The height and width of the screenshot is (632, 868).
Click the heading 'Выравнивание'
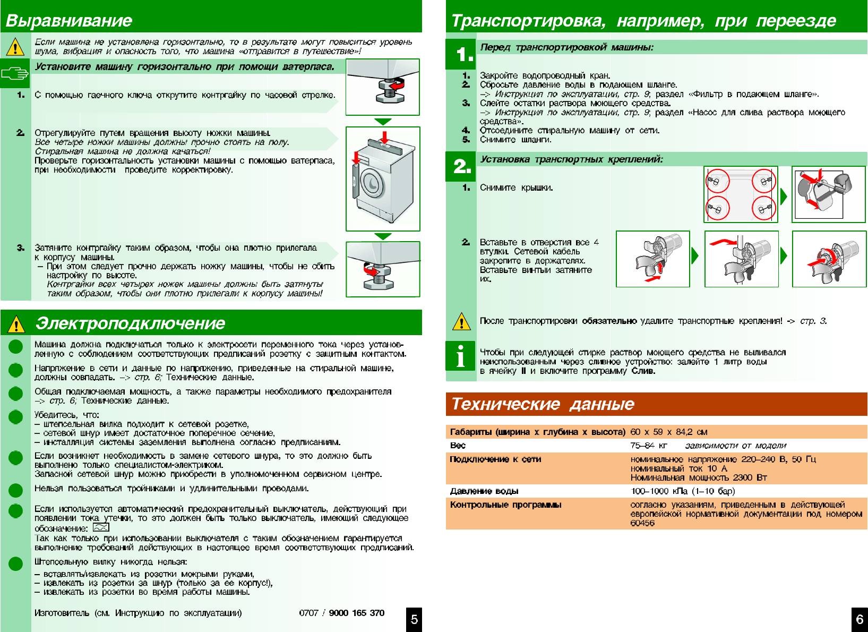(x=68, y=21)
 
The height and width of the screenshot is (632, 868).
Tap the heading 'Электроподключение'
(x=130, y=323)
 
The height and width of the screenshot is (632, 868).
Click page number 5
(x=414, y=619)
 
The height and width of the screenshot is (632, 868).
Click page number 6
(x=860, y=619)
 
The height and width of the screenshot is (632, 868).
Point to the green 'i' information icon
(x=461, y=356)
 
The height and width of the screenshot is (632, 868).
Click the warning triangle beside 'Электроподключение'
(x=16, y=323)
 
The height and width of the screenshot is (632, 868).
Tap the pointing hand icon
(x=15, y=75)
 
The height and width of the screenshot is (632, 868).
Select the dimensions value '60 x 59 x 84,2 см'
(x=668, y=432)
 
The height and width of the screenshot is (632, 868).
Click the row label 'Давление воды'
(x=484, y=491)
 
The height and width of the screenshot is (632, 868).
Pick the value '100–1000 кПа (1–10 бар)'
(x=683, y=491)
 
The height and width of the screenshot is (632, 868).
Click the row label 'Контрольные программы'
(x=505, y=505)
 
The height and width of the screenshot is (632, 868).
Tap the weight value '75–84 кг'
(x=648, y=445)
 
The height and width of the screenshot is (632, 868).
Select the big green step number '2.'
(x=462, y=167)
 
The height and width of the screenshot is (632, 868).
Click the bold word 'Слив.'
(x=643, y=371)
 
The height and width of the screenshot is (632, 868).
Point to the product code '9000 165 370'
(x=356, y=613)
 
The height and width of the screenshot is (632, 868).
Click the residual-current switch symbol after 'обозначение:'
(x=101, y=528)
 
